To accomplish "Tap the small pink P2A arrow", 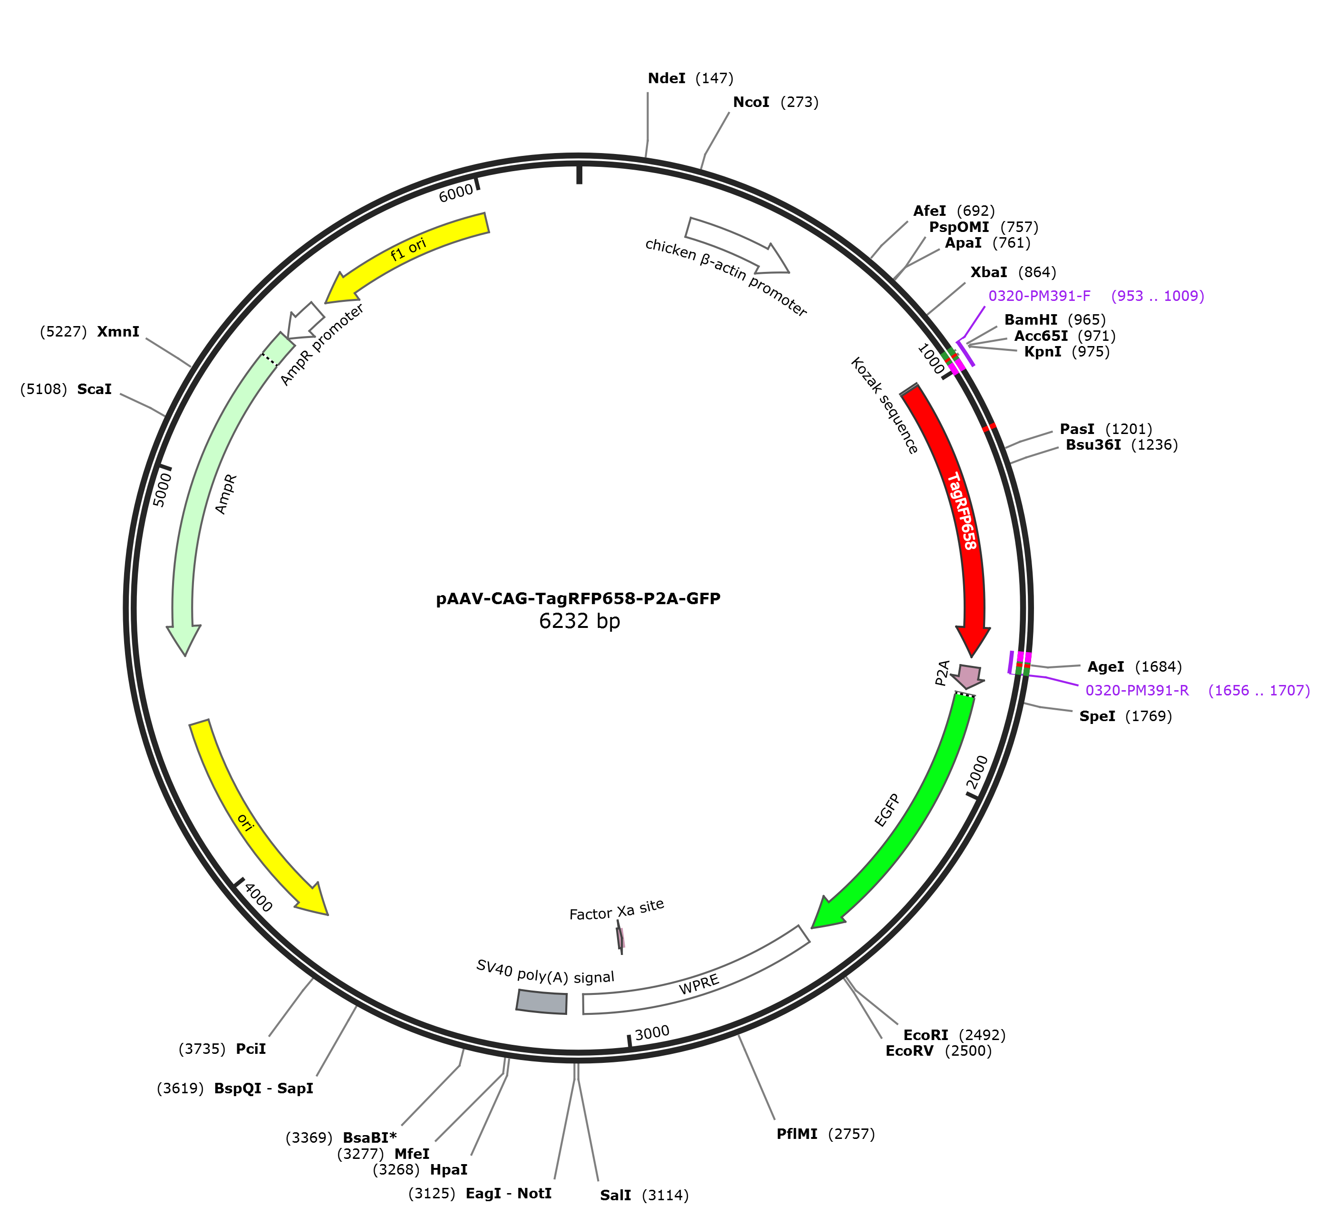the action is point(967,677).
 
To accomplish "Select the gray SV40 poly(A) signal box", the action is point(542,1002).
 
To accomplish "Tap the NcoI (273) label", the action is point(776,102).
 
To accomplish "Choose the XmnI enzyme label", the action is point(118,332).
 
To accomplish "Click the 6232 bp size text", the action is point(580,621).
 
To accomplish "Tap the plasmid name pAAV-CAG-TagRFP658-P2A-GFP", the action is point(579,598).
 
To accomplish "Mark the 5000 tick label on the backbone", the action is point(162,490).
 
